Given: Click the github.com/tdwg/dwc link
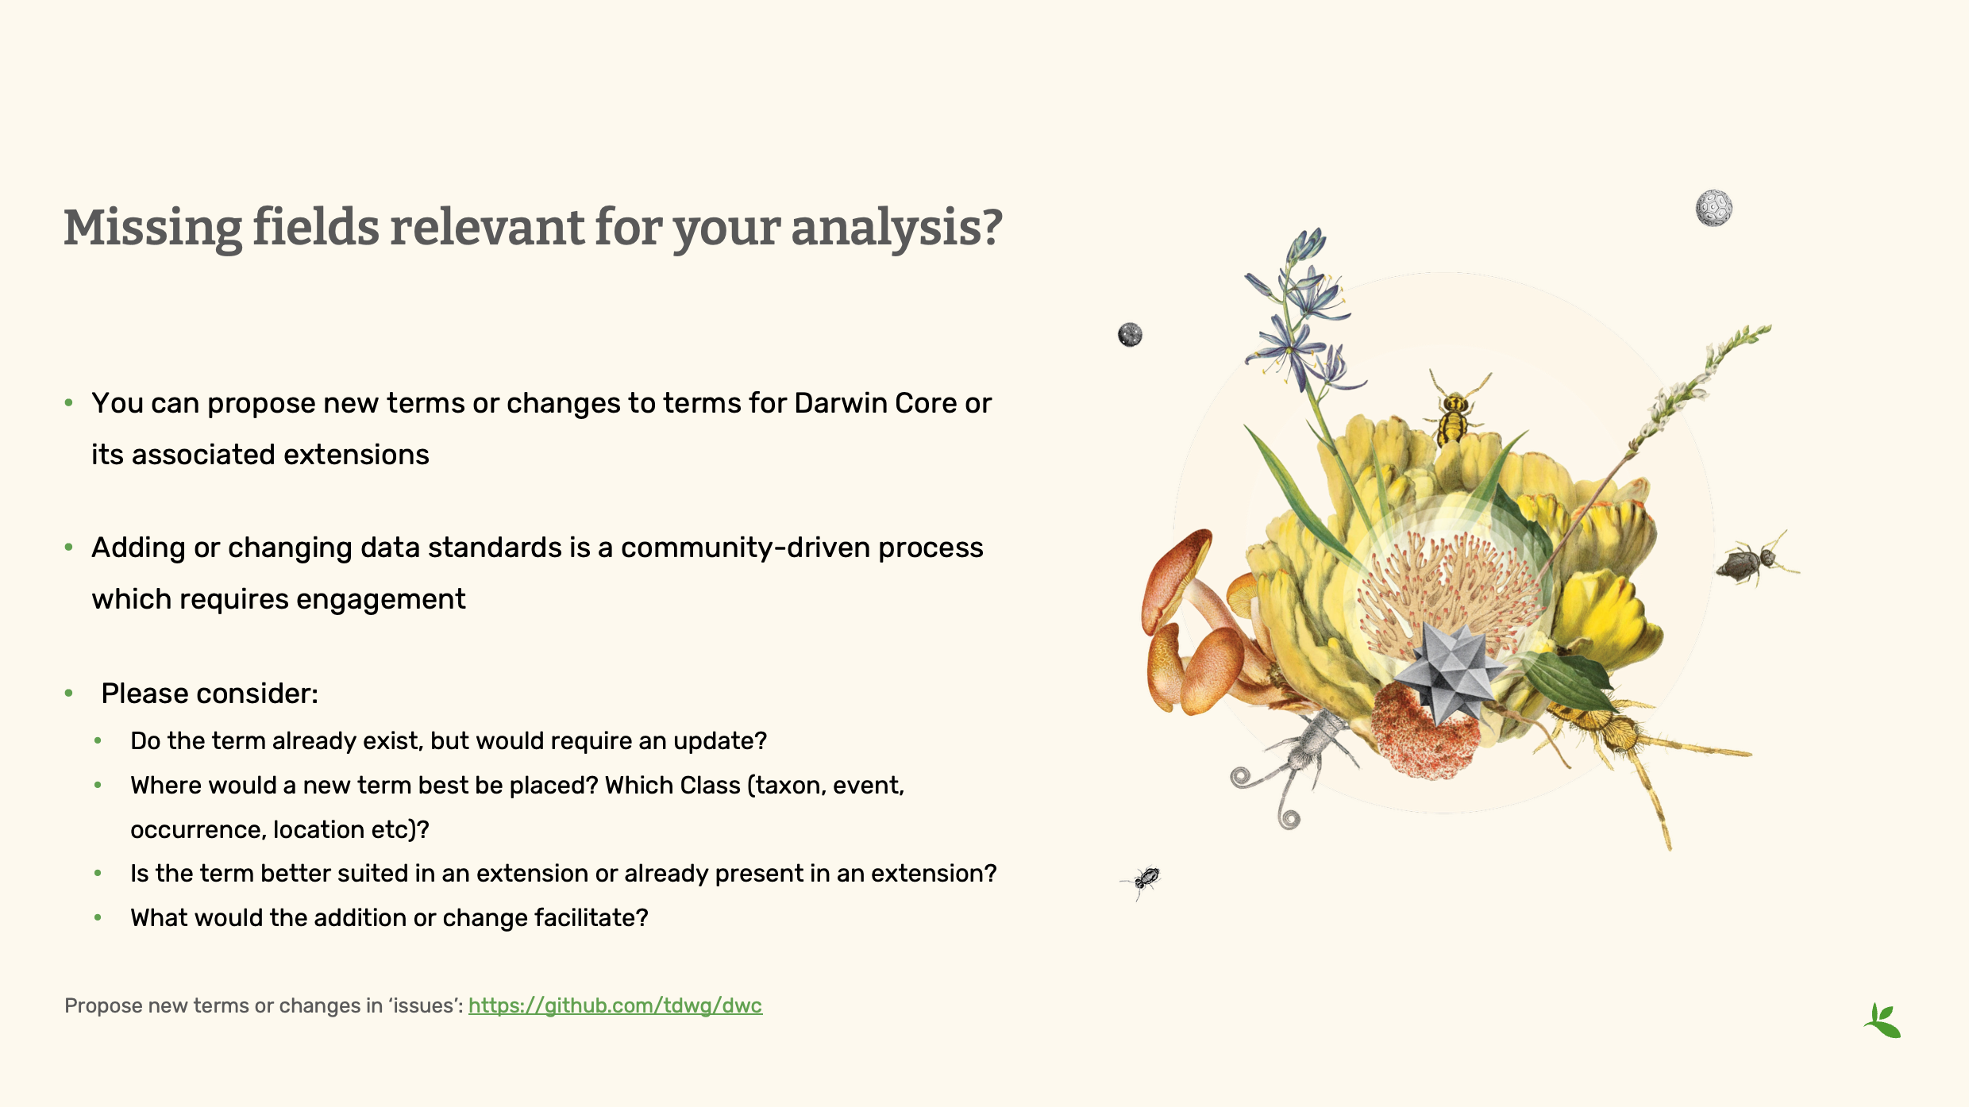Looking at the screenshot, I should point(615,1005).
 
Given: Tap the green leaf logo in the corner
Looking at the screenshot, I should point(1882,1021).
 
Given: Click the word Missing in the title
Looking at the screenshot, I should point(152,228).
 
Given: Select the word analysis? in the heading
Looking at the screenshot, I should point(896,228).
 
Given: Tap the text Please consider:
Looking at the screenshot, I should point(210,694).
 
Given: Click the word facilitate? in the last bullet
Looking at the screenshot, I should point(591,918).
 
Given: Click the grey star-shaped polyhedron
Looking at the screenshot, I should point(1450,671).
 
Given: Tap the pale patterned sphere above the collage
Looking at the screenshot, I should point(1714,208).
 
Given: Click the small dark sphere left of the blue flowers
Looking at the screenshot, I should point(1130,335).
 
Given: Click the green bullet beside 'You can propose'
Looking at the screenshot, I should point(69,403).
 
